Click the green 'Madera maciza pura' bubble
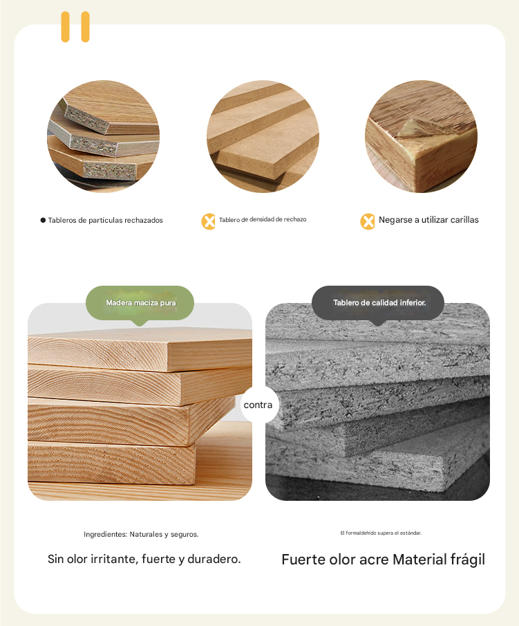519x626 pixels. [x=140, y=303]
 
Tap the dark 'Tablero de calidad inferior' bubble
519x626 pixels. [x=378, y=303]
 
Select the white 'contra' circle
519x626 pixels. [x=258, y=405]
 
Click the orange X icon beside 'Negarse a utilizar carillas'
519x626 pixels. [x=368, y=221]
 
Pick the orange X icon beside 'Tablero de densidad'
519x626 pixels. [x=208, y=221]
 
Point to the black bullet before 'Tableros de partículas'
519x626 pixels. [x=43, y=220]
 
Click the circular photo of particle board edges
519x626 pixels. [x=104, y=136]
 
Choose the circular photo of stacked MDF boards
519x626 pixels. [x=263, y=136]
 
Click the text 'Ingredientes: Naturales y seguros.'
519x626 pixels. [x=141, y=534]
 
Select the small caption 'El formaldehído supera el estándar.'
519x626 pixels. [x=381, y=533]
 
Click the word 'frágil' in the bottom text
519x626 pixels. [x=468, y=560]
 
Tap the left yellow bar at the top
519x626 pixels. [x=65, y=27]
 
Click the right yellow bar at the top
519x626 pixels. [x=86, y=27]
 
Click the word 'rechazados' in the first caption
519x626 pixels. [x=144, y=221]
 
